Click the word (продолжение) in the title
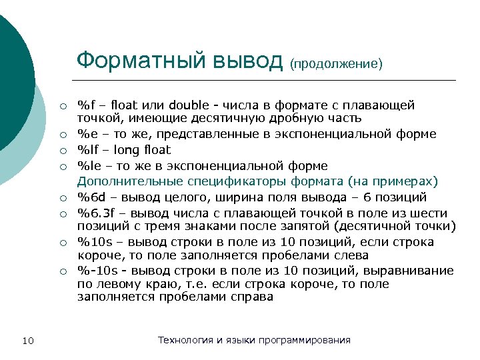(x=336, y=64)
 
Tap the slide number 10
(x=28, y=342)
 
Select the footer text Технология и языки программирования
(x=254, y=340)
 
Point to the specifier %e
(x=87, y=134)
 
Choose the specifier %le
(x=88, y=165)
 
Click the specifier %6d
(x=91, y=197)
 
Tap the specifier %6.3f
(x=96, y=213)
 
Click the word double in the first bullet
(x=189, y=105)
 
